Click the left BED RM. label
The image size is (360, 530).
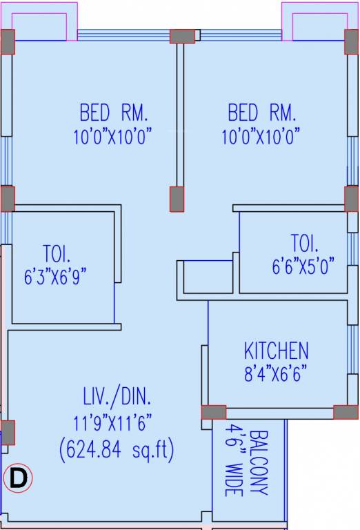pyautogui.click(x=114, y=112)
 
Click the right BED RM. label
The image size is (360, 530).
pyautogui.click(x=261, y=112)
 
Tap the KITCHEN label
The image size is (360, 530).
pyautogui.click(x=276, y=351)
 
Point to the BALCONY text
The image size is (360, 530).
pyautogui.click(x=259, y=462)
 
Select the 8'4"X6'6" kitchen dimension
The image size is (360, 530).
pyautogui.click(x=275, y=375)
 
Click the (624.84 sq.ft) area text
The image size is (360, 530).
pyautogui.click(x=117, y=451)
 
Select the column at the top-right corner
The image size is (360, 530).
pyautogui.click(x=352, y=43)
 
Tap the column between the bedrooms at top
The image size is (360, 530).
pyautogui.click(x=182, y=37)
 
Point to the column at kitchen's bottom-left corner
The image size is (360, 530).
pyautogui.click(x=214, y=412)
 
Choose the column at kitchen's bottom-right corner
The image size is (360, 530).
pyautogui.click(x=346, y=412)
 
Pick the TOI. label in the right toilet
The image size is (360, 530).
pyautogui.click(x=305, y=244)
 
